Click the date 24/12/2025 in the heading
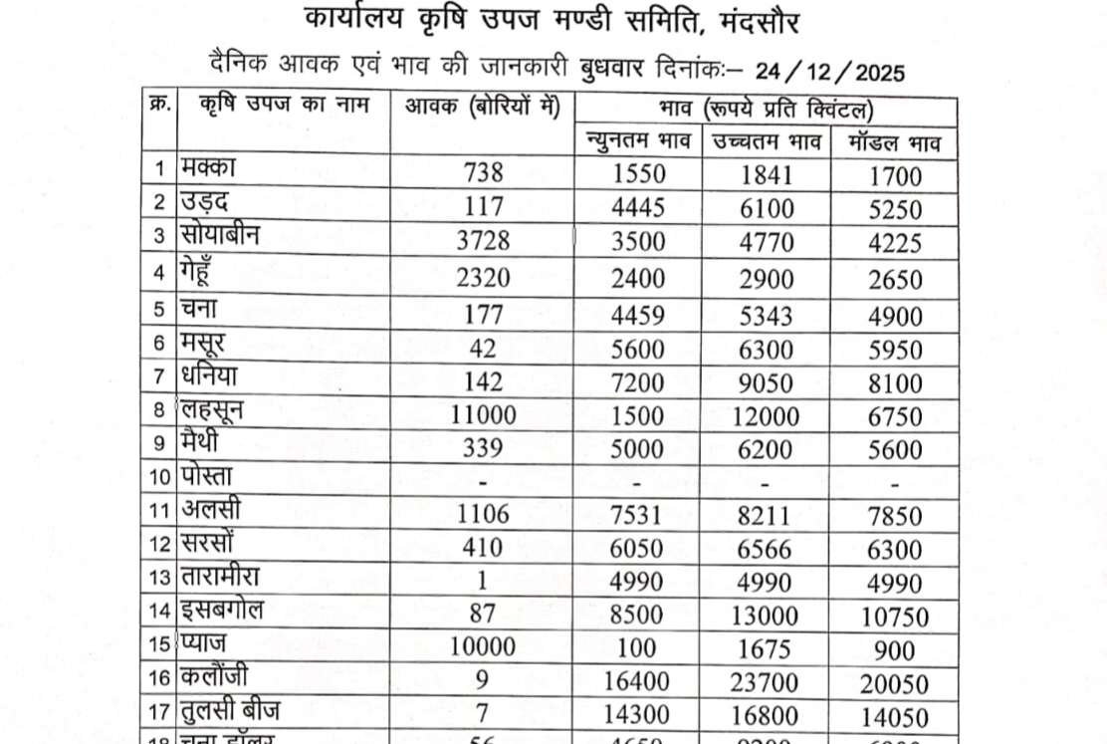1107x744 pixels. (x=830, y=72)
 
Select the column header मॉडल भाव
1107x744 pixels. (x=894, y=142)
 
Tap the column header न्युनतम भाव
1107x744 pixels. (x=638, y=142)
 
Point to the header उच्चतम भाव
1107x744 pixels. (x=767, y=142)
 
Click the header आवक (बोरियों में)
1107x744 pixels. (x=482, y=107)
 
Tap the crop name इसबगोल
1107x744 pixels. (x=222, y=612)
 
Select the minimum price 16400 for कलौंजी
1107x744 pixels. (x=638, y=684)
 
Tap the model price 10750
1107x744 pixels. (x=894, y=617)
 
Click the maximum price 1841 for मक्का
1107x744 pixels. (x=767, y=175)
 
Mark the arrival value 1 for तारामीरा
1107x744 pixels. (x=484, y=582)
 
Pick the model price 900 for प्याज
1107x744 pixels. (x=894, y=649)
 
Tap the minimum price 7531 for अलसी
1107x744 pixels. (x=638, y=514)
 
